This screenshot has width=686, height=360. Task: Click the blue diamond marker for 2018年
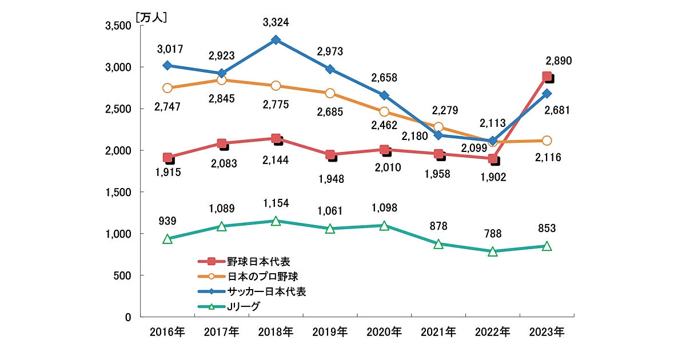pos(276,40)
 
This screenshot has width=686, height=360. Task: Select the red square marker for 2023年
pos(547,77)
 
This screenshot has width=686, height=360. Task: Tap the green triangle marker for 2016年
pos(167,239)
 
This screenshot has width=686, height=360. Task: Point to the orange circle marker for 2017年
pos(222,80)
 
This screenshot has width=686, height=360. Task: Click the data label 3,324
pos(276,23)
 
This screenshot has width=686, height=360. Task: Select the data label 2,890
pos(559,61)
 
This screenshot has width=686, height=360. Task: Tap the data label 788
pos(493,233)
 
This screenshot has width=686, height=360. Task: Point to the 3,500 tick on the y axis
pos(118,26)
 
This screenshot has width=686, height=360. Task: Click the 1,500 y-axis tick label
pos(118,193)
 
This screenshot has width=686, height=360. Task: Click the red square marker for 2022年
pos(492,159)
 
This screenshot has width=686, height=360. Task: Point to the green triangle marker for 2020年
pos(384,225)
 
